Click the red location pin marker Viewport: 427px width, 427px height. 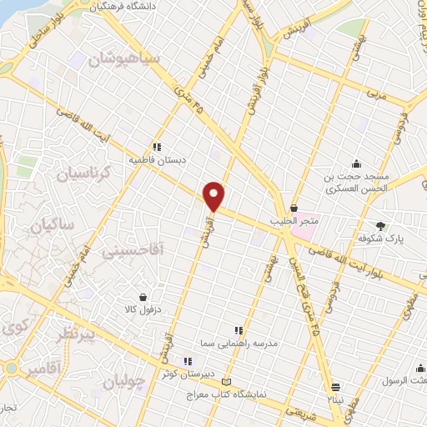pos(214,195)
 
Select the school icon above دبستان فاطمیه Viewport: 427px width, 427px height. pos(157,146)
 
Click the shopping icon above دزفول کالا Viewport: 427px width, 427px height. pos(143,297)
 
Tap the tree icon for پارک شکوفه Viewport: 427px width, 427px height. pos(382,226)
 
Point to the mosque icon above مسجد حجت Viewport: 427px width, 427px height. pos(356,163)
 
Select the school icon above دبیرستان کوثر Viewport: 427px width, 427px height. pos(188,361)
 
